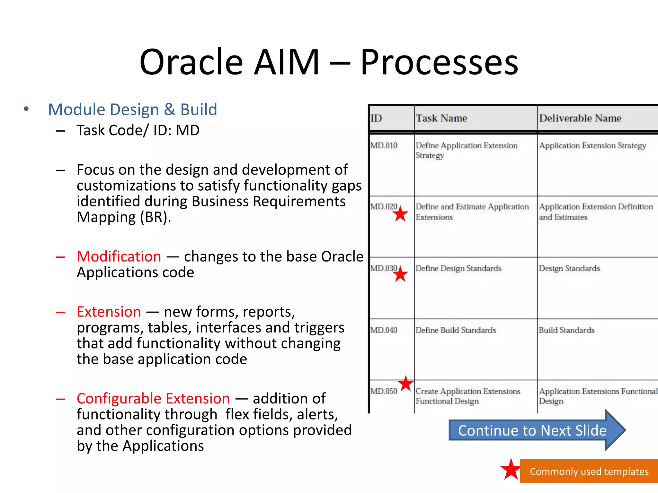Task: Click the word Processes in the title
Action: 439,62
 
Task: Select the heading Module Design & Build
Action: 132,109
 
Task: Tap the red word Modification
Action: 119,256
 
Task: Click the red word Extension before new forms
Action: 109,312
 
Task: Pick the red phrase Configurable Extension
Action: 153,398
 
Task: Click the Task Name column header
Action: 441,118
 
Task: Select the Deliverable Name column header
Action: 580,118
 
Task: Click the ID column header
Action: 376,118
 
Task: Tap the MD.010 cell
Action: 384,145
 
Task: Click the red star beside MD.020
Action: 400,214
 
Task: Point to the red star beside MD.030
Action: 400,274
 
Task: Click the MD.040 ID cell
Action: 384,330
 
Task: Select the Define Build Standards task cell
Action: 456,330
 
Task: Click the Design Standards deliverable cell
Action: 569,268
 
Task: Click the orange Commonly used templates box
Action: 589,471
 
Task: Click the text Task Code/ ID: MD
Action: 138,130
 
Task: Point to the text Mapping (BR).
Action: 124,217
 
